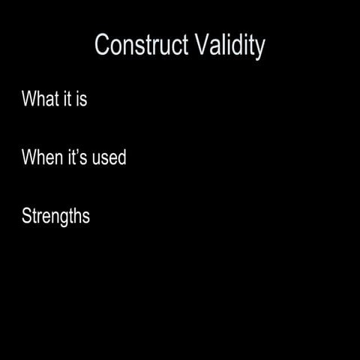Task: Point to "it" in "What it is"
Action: coord(67,99)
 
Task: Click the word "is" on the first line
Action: coord(81,99)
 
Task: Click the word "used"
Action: coord(109,158)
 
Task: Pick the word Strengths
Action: coord(55,217)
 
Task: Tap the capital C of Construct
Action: coord(103,45)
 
